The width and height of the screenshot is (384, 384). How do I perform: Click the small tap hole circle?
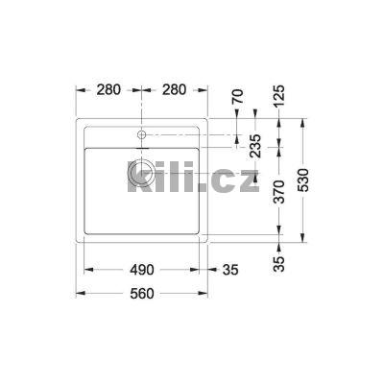[x=142, y=134]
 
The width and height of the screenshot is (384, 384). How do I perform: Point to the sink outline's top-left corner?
[x=77, y=119]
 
